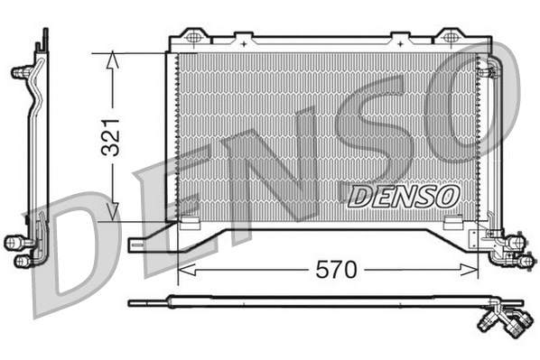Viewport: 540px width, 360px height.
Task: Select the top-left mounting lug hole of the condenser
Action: pos(192,36)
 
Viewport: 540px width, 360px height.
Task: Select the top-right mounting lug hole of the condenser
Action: pos(447,36)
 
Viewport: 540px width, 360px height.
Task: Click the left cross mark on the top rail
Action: pos(243,38)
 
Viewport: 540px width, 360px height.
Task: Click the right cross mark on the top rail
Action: pos(395,38)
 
